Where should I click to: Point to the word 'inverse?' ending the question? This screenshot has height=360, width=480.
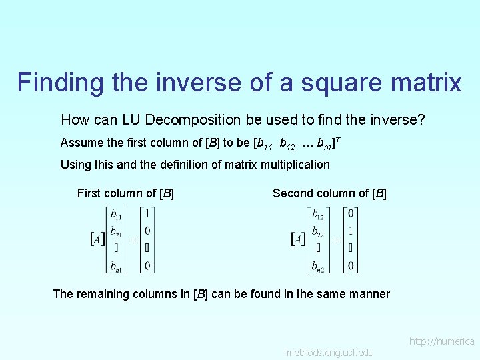point(401,120)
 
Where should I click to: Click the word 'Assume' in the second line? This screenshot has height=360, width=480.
point(81,143)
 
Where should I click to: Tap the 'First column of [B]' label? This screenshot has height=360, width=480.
point(125,193)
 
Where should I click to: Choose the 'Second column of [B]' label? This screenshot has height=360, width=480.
point(329,193)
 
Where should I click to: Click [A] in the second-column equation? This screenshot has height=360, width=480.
point(299,238)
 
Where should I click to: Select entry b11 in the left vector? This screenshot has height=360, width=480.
point(116,214)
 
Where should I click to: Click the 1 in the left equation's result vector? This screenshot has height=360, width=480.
point(147,214)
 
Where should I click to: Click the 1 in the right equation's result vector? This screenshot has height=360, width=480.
point(351,231)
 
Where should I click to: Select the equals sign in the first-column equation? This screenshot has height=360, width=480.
point(133,239)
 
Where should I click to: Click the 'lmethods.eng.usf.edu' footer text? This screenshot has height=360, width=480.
point(329,352)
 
